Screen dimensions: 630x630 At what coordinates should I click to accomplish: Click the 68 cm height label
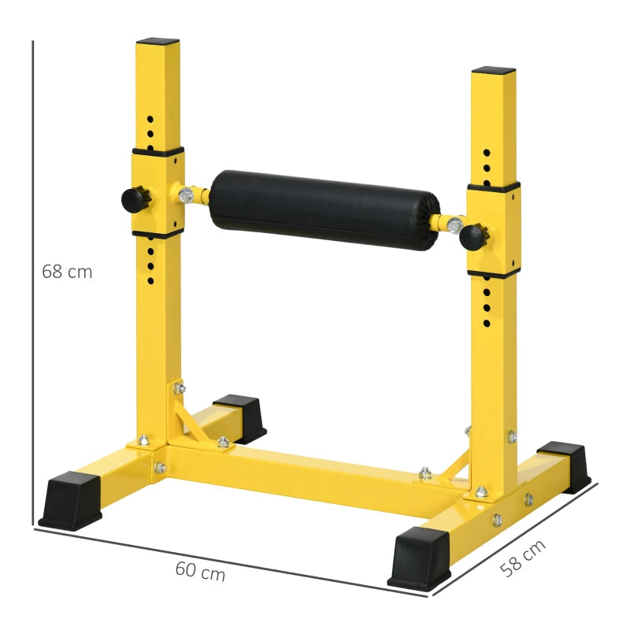67,272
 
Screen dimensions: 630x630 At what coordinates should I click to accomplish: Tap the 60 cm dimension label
200,573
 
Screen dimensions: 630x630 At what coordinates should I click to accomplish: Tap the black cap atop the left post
157,40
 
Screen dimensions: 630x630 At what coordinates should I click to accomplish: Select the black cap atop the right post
494,70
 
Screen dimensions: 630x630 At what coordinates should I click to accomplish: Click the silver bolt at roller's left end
186,194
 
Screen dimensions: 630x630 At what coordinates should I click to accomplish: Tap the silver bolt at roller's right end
454,226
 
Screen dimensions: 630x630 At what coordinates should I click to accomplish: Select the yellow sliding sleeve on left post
157,191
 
